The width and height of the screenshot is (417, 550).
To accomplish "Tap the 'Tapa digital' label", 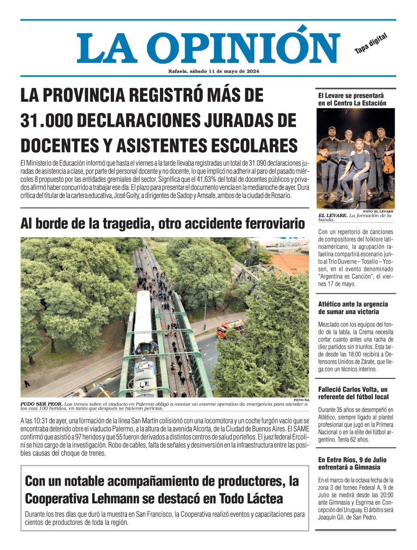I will [371, 44].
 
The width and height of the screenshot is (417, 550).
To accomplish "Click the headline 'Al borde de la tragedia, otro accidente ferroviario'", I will [163, 224].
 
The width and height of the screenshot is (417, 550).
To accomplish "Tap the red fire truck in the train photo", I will [230, 328].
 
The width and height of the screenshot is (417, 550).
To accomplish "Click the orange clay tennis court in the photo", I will [290, 262].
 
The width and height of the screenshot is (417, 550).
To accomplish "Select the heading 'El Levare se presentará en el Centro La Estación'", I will [352, 99].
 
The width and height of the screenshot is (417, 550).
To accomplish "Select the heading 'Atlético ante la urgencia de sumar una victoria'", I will [353, 308].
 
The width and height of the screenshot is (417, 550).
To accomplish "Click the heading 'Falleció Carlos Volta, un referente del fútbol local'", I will [353, 393].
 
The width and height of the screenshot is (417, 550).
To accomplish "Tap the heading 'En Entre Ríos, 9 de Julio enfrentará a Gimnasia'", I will [352, 464].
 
